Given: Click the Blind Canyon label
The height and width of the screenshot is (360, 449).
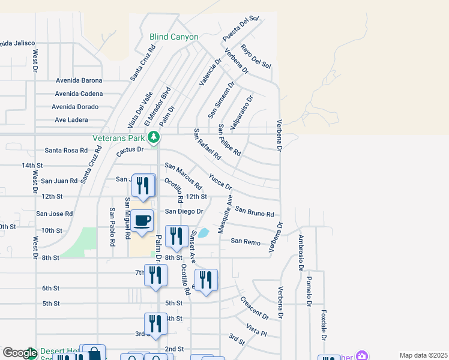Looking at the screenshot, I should (x=173, y=37).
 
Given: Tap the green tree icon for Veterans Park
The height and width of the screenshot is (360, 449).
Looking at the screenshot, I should (x=154, y=137).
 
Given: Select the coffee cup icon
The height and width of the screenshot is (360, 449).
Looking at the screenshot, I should (x=142, y=221).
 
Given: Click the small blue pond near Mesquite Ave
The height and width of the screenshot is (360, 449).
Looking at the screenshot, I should (x=203, y=232).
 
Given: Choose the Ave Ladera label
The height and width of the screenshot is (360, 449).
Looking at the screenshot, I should (x=71, y=119).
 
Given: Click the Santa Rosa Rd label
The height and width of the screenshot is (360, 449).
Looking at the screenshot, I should (x=66, y=151).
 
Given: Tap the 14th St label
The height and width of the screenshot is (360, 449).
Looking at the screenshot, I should (x=32, y=165).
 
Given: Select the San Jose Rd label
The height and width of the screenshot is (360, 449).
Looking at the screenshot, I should (x=54, y=214).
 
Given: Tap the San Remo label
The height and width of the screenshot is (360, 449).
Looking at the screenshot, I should (x=246, y=241).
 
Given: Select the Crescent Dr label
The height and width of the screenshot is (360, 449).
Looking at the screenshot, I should (x=254, y=307).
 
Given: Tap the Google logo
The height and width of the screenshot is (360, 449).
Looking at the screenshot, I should (x=19, y=353).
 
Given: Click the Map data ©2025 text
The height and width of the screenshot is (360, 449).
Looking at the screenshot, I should (x=423, y=355).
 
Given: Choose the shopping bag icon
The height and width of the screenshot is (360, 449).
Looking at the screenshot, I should (x=94, y=353).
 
